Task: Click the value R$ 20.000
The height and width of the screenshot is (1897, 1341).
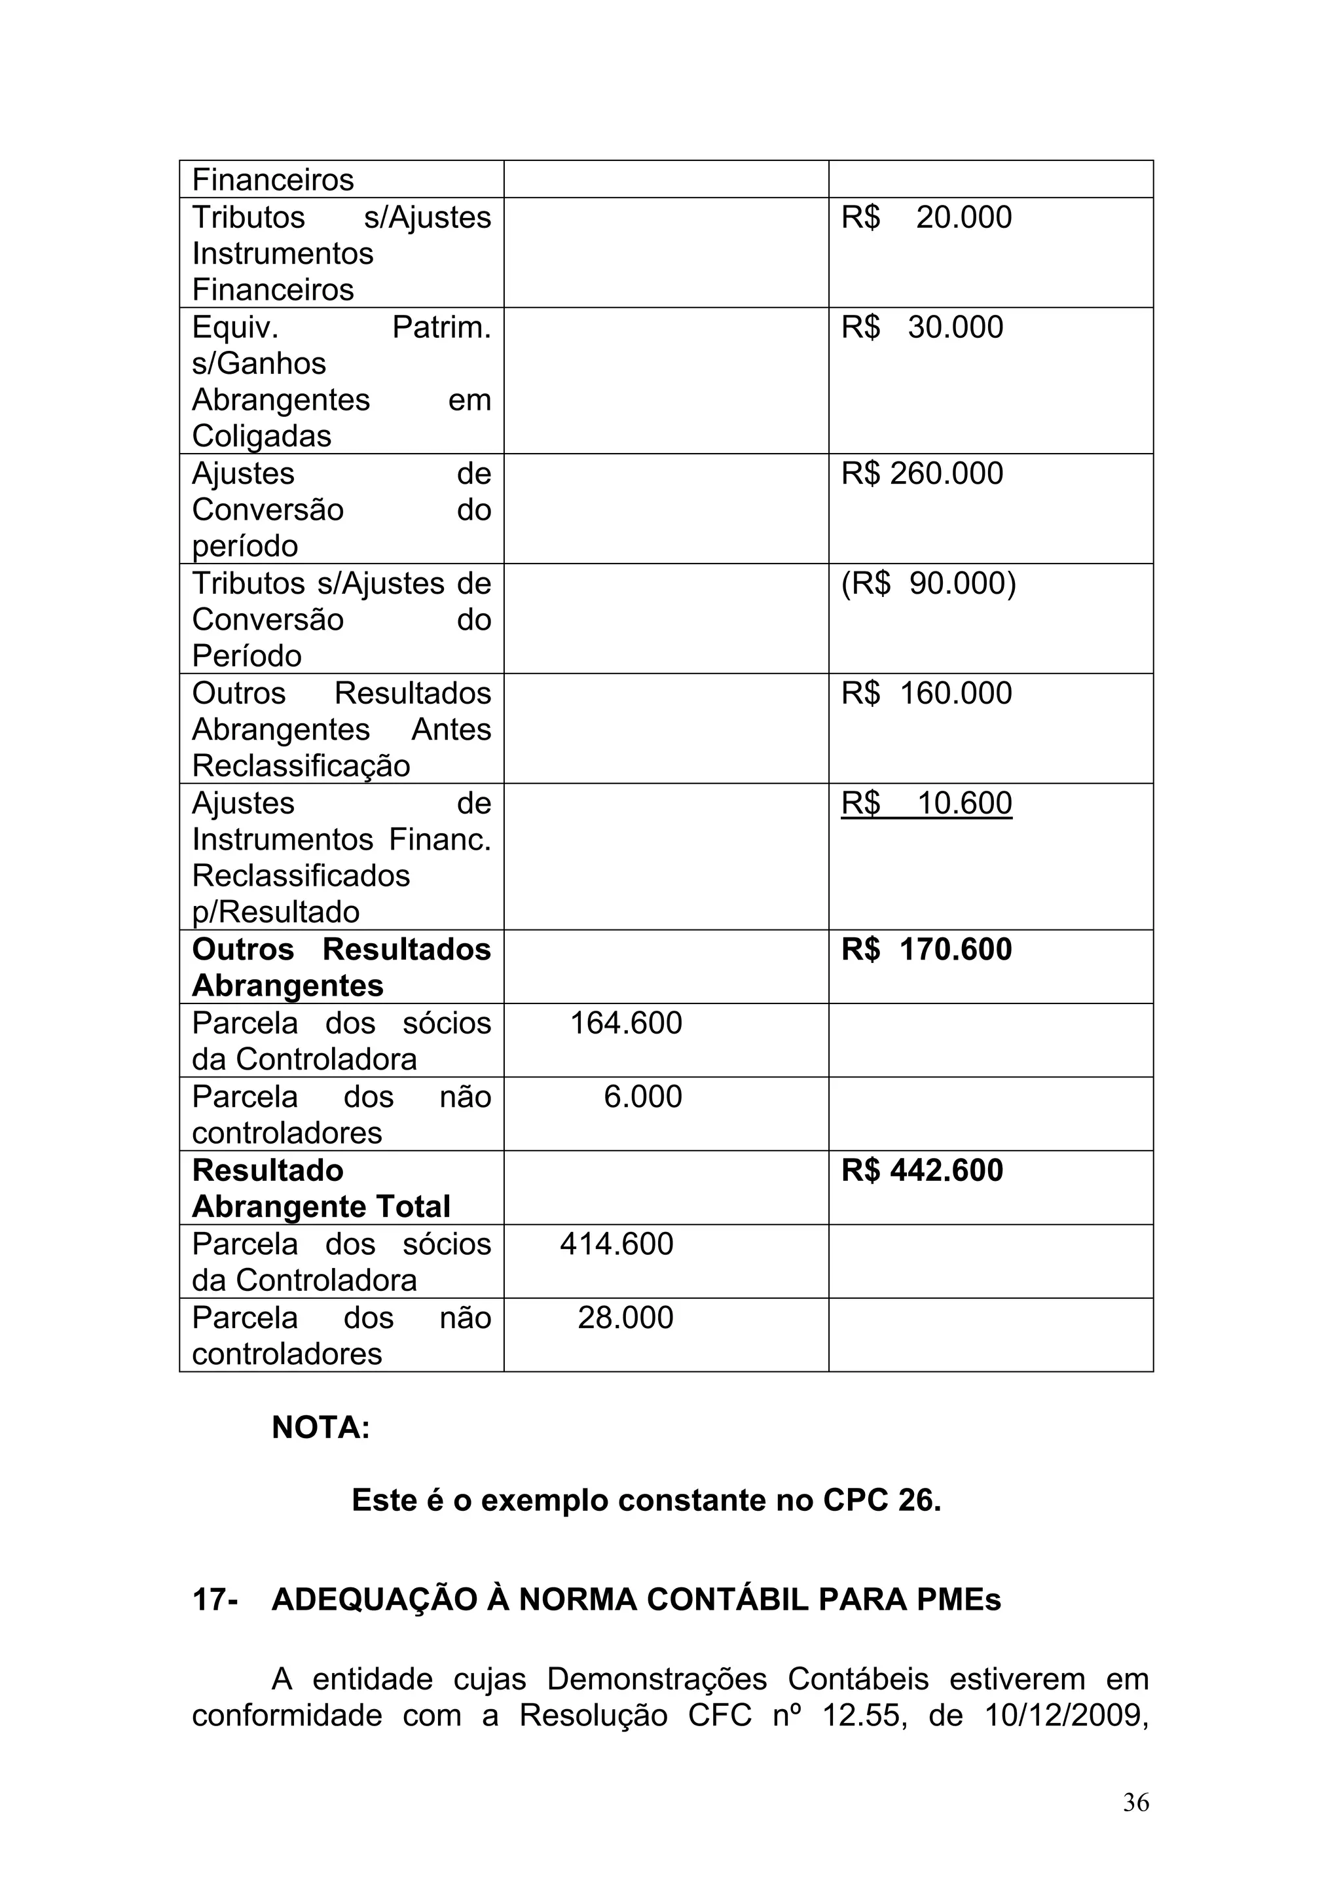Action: point(927,217)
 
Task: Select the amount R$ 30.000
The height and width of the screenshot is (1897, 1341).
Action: point(922,327)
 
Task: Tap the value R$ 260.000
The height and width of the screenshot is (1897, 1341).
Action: point(922,473)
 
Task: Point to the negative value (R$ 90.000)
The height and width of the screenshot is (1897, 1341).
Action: point(928,583)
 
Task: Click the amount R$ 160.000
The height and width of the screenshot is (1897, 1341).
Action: point(927,693)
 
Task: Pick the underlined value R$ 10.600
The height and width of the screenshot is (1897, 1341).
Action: point(927,803)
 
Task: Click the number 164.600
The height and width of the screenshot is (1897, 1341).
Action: point(626,1023)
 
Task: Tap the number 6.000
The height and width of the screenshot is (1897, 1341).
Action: point(643,1096)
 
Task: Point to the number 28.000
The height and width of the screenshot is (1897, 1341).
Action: point(625,1317)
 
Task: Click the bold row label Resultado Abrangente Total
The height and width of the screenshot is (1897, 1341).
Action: point(321,1188)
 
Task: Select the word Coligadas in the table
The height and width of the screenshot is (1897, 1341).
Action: point(261,436)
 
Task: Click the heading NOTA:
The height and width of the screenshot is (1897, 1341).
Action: point(321,1427)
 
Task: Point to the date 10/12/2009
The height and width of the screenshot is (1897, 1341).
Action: point(1066,1715)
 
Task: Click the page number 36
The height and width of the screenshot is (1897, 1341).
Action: point(1135,1826)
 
